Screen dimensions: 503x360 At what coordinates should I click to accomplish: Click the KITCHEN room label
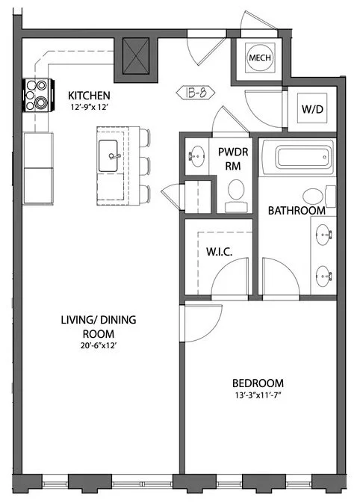(90, 96)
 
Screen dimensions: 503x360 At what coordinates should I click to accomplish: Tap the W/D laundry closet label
(312, 109)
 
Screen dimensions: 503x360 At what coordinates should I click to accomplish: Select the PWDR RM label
(228, 158)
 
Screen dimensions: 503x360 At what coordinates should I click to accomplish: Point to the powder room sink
(197, 155)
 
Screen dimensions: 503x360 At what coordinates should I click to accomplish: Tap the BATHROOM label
(297, 211)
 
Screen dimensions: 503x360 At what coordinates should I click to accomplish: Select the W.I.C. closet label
(219, 252)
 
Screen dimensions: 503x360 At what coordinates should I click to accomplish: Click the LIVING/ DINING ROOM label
(99, 327)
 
